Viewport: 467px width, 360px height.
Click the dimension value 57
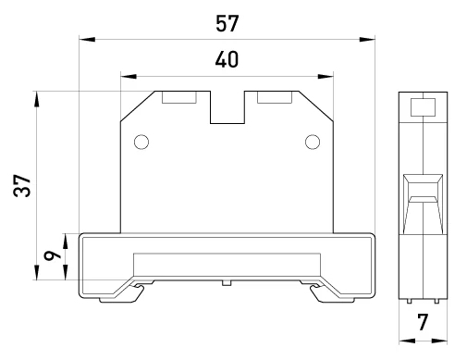227,23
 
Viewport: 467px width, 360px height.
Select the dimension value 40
227,59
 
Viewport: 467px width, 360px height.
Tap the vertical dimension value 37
22,186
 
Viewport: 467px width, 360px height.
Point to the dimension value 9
53,255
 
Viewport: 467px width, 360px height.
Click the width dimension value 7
423,322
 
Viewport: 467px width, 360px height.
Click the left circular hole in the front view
141,143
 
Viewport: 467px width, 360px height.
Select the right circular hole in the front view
313,143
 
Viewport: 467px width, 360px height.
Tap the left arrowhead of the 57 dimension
87,40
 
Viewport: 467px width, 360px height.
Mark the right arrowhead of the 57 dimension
367,40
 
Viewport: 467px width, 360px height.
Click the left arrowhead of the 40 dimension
129,76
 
